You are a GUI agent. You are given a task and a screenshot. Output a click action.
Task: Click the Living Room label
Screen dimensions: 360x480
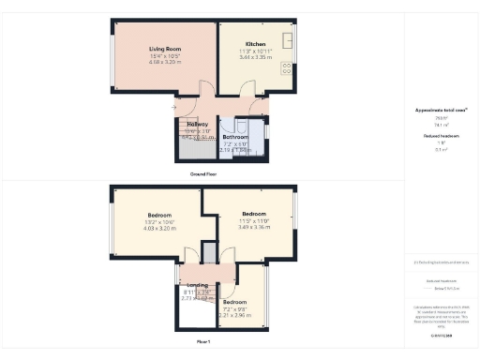[x=164, y=48]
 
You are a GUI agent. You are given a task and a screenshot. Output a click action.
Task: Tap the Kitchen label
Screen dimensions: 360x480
[x=256, y=44]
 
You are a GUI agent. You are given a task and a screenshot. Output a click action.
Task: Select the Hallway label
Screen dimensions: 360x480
[x=198, y=124]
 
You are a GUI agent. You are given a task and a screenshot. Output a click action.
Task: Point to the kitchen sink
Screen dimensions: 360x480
[x=288, y=40]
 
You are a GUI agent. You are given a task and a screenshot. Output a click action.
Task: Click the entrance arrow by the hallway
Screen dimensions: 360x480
[x=174, y=108]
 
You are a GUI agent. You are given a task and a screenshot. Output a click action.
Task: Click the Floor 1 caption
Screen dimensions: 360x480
[x=203, y=343]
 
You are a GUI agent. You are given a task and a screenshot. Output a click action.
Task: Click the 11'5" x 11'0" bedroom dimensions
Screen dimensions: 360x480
[x=255, y=220]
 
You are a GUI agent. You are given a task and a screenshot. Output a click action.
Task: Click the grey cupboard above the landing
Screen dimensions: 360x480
[x=208, y=254]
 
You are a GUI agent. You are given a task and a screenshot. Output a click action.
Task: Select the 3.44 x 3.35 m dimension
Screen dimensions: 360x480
[x=256, y=58]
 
